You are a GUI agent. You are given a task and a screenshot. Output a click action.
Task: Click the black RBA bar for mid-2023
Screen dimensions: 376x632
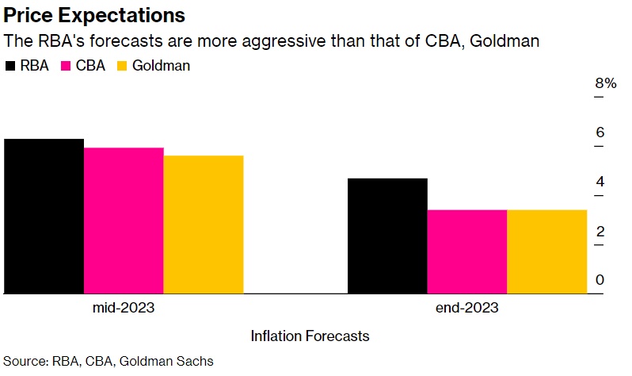[x=44, y=216]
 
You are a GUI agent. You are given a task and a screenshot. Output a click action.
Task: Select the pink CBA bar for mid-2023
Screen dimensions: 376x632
[x=124, y=221]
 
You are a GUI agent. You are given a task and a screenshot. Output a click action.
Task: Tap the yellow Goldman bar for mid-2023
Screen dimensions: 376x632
[x=203, y=224]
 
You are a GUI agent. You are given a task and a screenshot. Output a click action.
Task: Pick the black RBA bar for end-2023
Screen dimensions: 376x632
[x=388, y=236]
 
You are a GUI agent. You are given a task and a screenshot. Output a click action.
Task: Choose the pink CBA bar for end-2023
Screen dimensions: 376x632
[x=467, y=251]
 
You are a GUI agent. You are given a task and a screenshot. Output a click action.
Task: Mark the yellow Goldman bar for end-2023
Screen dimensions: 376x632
[x=546, y=251]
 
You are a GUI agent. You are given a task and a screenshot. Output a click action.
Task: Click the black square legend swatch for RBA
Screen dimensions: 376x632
[x=10, y=66]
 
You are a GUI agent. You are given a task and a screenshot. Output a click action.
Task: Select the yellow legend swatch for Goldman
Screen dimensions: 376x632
[x=122, y=66]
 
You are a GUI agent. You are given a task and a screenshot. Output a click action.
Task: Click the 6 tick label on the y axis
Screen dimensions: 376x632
[x=600, y=132]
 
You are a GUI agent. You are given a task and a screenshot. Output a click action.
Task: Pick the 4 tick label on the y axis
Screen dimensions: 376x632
[x=600, y=182]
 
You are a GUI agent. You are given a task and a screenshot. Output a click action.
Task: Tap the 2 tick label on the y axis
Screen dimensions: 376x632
[x=600, y=231]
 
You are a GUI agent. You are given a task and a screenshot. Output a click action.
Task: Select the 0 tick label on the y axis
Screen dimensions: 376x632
[x=600, y=279]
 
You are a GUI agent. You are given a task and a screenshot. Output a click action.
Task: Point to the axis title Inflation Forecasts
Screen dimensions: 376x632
[x=310, y=336]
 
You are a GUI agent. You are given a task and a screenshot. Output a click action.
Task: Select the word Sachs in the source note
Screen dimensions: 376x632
[x=195, y=362]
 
